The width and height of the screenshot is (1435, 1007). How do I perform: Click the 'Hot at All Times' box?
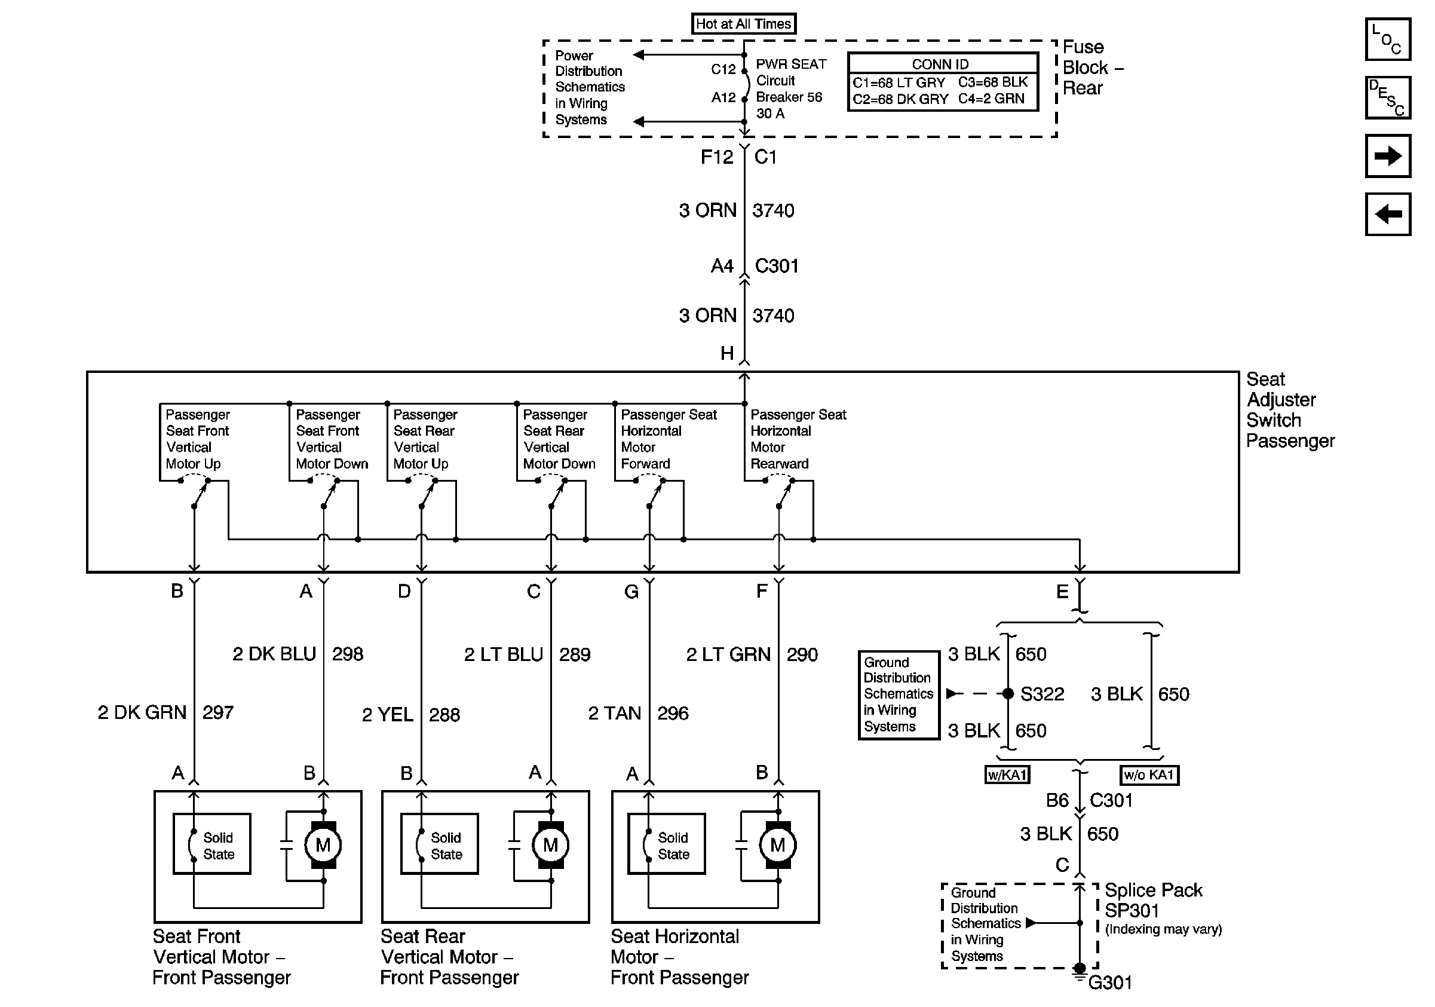pos(743,24)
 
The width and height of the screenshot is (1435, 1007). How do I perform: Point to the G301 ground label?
pos(1110,982)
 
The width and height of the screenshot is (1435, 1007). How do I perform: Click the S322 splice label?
pos(1042,694)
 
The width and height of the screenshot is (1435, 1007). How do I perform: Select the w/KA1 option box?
pos(1007,775)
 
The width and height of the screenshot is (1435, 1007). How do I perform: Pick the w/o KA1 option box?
pos(1149,775)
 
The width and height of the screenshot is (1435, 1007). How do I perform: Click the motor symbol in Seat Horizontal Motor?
pos(777,845)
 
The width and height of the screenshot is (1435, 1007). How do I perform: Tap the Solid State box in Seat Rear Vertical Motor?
pos(439,844)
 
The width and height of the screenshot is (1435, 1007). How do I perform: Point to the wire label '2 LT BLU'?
pos(503,654)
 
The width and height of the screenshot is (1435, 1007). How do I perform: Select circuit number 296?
pos(673,713)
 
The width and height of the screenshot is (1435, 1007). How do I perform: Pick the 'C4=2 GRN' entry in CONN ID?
pos(991,99)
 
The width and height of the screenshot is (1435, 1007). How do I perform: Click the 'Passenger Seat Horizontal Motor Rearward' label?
pos(798,439)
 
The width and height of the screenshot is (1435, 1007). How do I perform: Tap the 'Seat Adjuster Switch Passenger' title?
pos(1290,410)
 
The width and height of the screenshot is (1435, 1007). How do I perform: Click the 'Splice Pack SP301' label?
pos(1153,900)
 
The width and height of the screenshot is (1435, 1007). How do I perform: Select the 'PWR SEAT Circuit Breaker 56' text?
pos(791,81)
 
